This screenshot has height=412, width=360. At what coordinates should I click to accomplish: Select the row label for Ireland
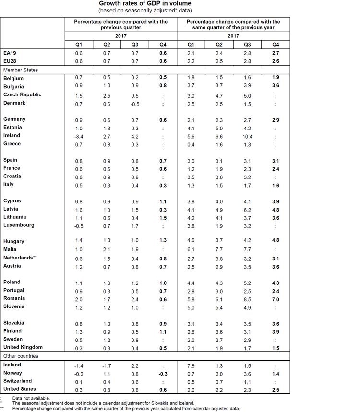point(12,136)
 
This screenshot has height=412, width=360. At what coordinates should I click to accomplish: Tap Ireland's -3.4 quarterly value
point(79,136)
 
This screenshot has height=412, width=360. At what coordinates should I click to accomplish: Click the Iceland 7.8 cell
point(191,365)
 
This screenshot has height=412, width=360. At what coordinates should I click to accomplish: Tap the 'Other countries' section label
point(22,356)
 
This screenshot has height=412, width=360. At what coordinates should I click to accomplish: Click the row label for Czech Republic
point(22,94)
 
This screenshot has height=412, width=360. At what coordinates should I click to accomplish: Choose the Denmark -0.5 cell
point(134,103)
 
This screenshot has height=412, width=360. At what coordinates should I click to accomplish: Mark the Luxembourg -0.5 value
point(79,225)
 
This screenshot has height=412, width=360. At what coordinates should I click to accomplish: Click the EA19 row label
point(10,53)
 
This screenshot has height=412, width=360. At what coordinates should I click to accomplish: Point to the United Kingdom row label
point(23,347)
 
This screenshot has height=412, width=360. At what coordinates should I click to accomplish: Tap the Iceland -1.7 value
point(107,365)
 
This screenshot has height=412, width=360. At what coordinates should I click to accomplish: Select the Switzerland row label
point(18,381)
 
